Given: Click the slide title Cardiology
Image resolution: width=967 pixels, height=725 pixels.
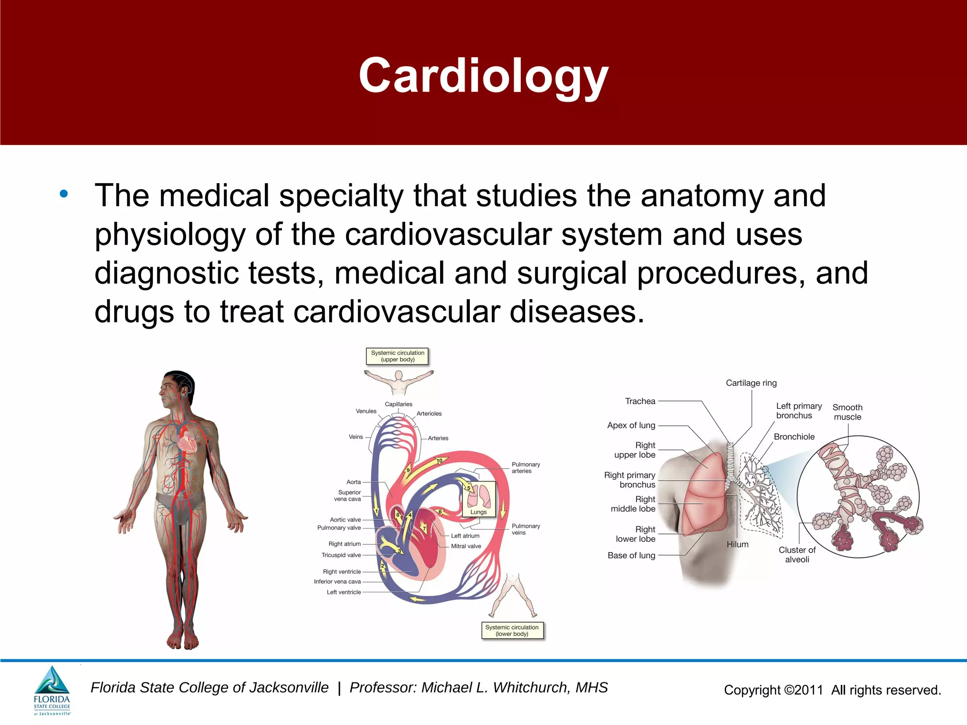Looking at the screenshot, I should [x=483, y=76].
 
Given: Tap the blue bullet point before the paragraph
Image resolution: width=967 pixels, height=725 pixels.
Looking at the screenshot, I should [x=64, y=194].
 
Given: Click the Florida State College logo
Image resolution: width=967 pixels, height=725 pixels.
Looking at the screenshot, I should [x=52, y=690].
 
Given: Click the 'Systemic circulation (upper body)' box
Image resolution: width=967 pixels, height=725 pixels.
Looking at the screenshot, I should [x=398, y=356].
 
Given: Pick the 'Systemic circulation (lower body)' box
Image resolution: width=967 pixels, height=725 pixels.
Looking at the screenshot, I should [x=512, y=631].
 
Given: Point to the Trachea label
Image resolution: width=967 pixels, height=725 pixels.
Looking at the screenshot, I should [x=640, y=401].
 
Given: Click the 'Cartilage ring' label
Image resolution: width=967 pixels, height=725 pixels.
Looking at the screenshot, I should [x=751, y=383].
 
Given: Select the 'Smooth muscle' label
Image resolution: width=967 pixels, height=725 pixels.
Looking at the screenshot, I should [x=847, y=412].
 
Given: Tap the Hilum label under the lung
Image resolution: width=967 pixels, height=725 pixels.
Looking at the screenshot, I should [x=737, y=544].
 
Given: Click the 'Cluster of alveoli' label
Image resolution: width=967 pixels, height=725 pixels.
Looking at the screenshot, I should [x=797, y=555].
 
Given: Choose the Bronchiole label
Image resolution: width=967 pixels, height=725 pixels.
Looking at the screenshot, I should [x=794, y=437].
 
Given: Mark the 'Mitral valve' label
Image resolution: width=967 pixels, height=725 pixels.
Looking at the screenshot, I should [x=466, y=546].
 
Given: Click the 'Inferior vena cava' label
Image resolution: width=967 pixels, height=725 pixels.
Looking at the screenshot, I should [x=337, y=582].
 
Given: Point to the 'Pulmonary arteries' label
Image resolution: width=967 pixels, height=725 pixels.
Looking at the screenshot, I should [x=526, y=468].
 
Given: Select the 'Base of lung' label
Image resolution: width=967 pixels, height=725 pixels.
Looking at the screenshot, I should [x=631, y=556].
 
